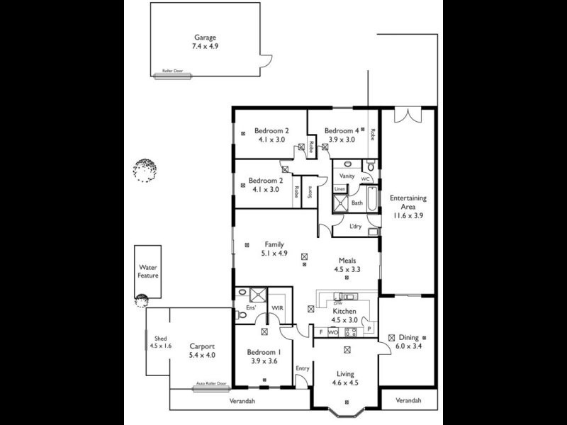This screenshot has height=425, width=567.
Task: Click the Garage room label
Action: [206, 38]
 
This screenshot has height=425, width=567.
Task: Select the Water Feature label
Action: [148, 271]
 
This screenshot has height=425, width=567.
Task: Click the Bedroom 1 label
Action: [264, 352]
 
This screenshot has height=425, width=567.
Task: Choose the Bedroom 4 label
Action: [342, 130]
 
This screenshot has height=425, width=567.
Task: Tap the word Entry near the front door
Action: [303, 368]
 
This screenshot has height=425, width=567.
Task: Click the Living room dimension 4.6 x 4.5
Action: [346, 383]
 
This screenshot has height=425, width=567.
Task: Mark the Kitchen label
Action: [344, 311]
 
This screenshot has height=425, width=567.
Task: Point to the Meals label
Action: [347, 259]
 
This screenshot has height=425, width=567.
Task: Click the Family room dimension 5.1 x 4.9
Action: [274, 253]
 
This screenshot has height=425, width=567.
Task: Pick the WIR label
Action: [278, 307]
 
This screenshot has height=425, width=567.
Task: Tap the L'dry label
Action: [357, 226]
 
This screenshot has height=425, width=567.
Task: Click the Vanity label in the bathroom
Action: [347, 175]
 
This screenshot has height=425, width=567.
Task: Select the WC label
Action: [366, 179]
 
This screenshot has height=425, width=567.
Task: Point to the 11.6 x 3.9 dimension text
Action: [407, 216]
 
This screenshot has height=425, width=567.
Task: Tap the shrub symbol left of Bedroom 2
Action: [144, 170]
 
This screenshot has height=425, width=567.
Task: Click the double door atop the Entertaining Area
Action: [408, 114]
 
